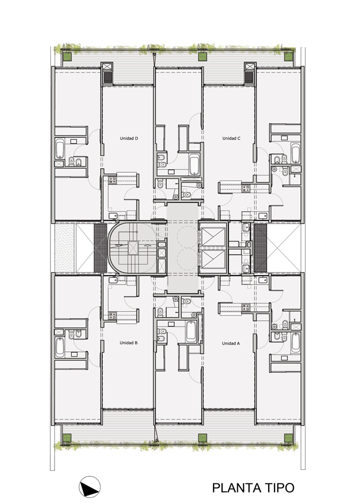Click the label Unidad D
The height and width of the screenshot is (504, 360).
(129, 139)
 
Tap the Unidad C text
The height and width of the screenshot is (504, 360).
(231, 139)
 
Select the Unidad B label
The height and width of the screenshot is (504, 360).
(129, 343)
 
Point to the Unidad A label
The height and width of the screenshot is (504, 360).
(231, 343)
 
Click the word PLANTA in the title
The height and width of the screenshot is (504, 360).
(237, 488)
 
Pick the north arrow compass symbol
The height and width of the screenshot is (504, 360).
(90, 487)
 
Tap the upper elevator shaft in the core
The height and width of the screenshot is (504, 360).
(213, 236)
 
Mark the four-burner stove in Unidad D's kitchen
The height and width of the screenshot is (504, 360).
(112, 180)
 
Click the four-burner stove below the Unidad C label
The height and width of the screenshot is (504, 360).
(246, 188)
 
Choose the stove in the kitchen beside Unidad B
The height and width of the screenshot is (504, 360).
(112, 316)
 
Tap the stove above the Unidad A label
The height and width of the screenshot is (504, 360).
(246, 308)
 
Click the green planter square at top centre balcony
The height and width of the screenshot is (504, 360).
(202, 57)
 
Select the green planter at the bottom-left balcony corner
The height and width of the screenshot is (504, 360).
(67, 438)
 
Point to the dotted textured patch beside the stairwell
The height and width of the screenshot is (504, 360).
(65, 247)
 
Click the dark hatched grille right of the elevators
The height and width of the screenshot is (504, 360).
(260, 247)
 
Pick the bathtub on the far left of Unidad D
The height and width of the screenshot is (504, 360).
(59, 149)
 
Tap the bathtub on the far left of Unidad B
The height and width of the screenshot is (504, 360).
(59, 347)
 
